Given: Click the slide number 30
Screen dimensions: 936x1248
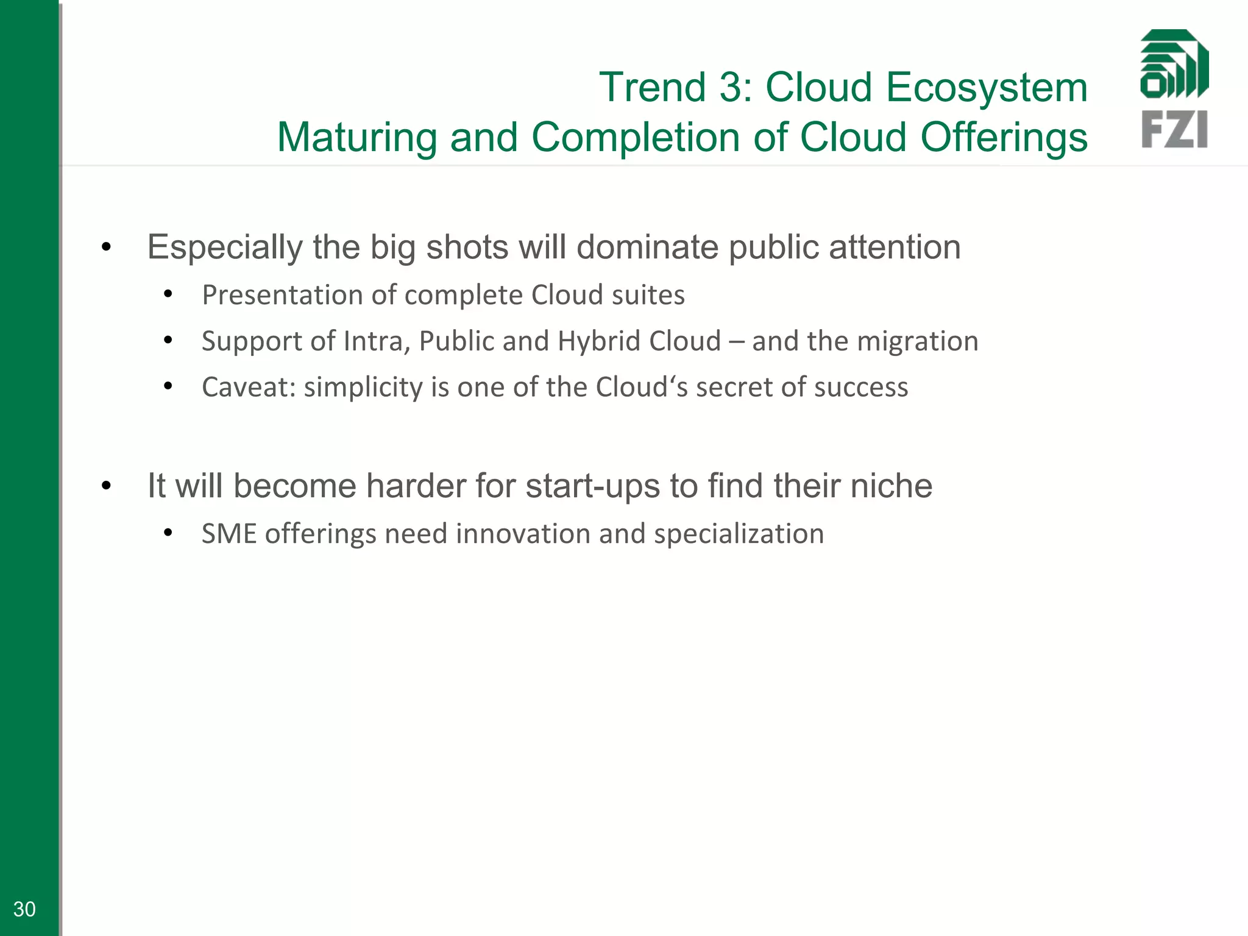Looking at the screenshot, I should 24,909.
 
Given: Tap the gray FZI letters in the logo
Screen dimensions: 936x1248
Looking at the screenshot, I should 1174,129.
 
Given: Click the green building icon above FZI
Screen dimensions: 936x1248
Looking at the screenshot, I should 1174,64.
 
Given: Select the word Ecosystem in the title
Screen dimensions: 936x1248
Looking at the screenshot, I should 987,87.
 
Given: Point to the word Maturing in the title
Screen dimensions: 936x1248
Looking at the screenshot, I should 357,137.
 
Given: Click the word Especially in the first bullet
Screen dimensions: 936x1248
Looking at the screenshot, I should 225,247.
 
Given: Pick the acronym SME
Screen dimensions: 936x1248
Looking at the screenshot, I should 229,534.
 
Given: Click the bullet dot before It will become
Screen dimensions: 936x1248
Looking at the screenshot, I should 107,486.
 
